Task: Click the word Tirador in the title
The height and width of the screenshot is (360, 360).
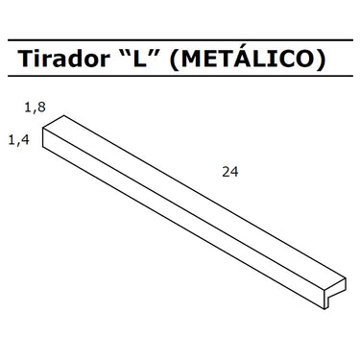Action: click(x=63, y=59)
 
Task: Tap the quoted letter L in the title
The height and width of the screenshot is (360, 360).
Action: click(x=140, y=60)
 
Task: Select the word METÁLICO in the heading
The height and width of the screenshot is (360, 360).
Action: click(x=247, y=58)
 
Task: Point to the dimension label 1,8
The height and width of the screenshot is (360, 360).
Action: click(x=36, y=108)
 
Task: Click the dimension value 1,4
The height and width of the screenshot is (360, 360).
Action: click(x=18, y=140)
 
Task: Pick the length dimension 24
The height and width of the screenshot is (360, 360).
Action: click(x=230, y=172)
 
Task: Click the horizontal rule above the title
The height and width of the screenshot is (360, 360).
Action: click(x=180, y=40)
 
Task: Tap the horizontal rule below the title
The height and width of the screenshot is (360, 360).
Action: click(x=180, y=76)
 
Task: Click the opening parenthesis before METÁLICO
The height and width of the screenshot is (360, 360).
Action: click(x=174, y=60)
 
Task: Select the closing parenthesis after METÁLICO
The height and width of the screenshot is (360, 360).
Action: click(x=321, y=60)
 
